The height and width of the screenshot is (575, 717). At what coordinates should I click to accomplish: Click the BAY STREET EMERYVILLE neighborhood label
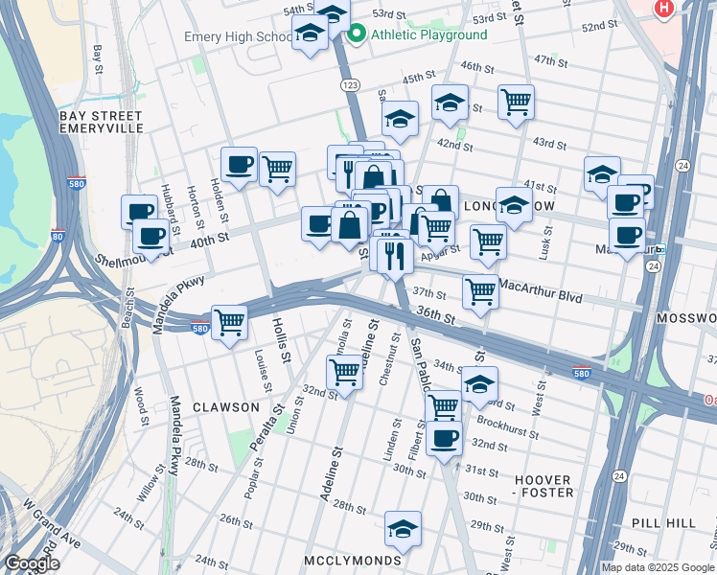click(x=101, y=122)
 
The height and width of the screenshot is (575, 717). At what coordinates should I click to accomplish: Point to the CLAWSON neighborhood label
click(x=225, y=406)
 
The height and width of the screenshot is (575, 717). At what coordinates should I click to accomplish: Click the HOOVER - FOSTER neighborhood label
click(x=543, y=486)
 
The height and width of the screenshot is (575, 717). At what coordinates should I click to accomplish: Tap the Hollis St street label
click(x=282, y=339)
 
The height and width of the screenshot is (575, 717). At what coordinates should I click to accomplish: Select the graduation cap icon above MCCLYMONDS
click(x=404, y=528)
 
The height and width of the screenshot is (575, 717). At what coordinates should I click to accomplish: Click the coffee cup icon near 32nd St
click(x=444, y=439)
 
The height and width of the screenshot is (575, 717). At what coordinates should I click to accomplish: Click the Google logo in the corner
click(x=32, y=563)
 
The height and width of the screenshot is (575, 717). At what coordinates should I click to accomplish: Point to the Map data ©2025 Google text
click(x=657, y=567)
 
